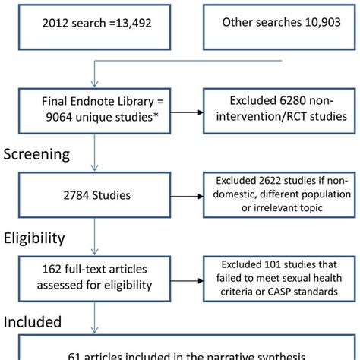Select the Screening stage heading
[48, 155]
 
